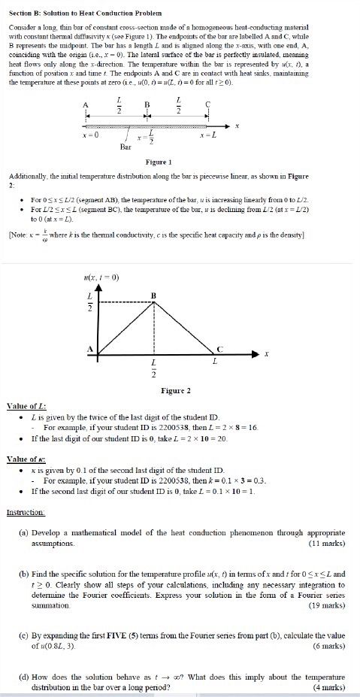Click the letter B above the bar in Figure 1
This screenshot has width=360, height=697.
tap(147, 104)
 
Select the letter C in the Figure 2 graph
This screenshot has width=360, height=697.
tap(219, 348)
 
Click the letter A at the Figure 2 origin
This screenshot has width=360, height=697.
tap(91, 348)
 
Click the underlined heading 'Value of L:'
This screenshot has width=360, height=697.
tap(25, 406)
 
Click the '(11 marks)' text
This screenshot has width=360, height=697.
tap(327, 542)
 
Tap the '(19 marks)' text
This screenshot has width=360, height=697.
tap(327, 605)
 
